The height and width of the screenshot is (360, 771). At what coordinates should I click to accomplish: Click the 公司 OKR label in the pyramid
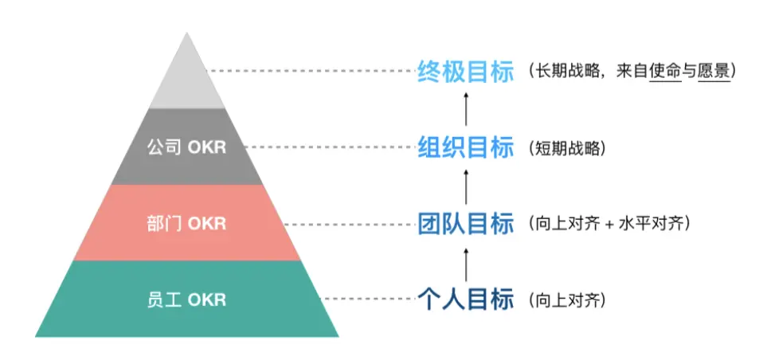pyautogui.click(x=186, y=147)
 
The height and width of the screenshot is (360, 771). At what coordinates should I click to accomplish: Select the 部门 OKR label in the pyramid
pyautogui.click(x=186, y=224)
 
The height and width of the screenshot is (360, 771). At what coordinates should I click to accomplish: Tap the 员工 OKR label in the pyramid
pyautogui.click(x=186, y=300)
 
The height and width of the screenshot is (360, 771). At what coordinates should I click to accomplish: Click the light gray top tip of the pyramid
pyautogui.click(x=188, y=76)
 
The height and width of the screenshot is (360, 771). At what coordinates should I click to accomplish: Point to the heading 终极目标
pyautogui.click(x=466, y=71)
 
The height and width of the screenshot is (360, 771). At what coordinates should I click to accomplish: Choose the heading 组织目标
pyautogui.click(x=466, y=147)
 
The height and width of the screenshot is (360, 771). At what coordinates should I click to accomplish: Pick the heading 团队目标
pyautogui.click(x=466, y=224)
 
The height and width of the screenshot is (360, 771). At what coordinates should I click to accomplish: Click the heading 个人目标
pyautogui.click(x=466, y=300)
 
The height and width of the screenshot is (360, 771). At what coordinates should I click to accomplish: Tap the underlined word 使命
pyautogui.click(x=665, y=71)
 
